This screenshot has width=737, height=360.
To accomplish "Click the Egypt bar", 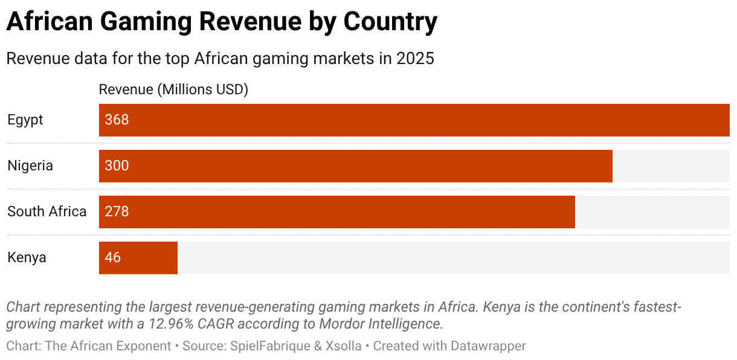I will point(414,120).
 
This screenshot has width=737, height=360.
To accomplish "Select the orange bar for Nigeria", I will point(356,166).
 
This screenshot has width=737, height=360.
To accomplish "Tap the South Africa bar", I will point(337,212).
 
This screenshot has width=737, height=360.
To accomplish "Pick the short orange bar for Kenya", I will point(138,258).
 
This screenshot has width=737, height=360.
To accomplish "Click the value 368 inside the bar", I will point(117,120).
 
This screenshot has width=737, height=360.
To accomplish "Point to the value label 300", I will point(117,166).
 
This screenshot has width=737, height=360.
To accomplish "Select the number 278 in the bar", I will point(117,212).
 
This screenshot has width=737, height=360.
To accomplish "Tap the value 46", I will point(113,258).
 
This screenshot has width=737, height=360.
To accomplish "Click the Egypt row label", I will point(25,120).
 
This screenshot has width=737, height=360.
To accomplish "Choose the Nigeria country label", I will point(30,166).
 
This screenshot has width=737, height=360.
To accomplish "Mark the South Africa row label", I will point(47,212).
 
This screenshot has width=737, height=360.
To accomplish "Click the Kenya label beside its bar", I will point(27,258).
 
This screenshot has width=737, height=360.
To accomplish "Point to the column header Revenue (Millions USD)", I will point(173,90).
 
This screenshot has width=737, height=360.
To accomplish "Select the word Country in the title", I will point(390,23).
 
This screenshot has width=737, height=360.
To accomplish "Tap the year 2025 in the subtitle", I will point(415,59).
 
